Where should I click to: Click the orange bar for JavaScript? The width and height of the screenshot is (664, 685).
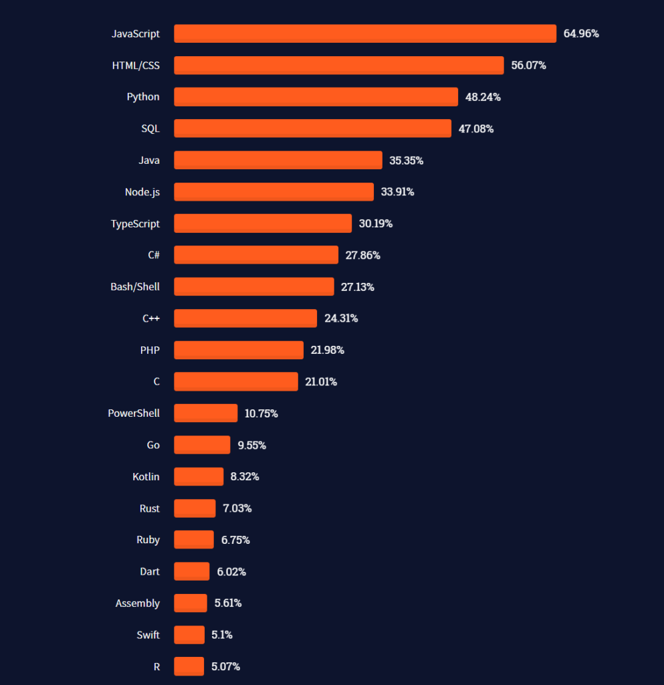pos(365,33)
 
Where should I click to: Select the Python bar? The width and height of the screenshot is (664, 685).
pos(316,97)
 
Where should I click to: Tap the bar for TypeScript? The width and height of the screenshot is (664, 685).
pos(263,223)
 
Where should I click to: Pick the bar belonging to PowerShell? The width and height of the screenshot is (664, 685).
pos(205,413)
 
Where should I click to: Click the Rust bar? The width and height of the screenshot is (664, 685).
pos(195,508)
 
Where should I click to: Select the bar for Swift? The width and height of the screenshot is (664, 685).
pos(189,635)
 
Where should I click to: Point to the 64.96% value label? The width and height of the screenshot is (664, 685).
pos(581,33)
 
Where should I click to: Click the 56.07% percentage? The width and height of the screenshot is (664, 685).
pos(528,66)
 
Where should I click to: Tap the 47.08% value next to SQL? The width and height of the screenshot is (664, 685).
pos(476,128)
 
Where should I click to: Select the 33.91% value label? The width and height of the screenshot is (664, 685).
pos(397,192)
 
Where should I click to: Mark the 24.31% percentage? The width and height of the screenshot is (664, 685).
pos(341,318)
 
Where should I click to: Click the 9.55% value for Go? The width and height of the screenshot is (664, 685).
pos(252,445)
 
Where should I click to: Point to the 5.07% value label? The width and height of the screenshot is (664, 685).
pos(225,666)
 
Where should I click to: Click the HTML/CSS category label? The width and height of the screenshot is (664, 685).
pos(136,66)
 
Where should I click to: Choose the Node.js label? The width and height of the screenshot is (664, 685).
pos(142,192)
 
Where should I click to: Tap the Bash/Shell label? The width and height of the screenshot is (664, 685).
pos(135,286)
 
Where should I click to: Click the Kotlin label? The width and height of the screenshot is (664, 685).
pos(146,477)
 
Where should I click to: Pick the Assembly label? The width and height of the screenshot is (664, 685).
pos(137,603)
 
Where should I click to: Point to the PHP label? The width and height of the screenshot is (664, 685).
pos(150,350)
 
